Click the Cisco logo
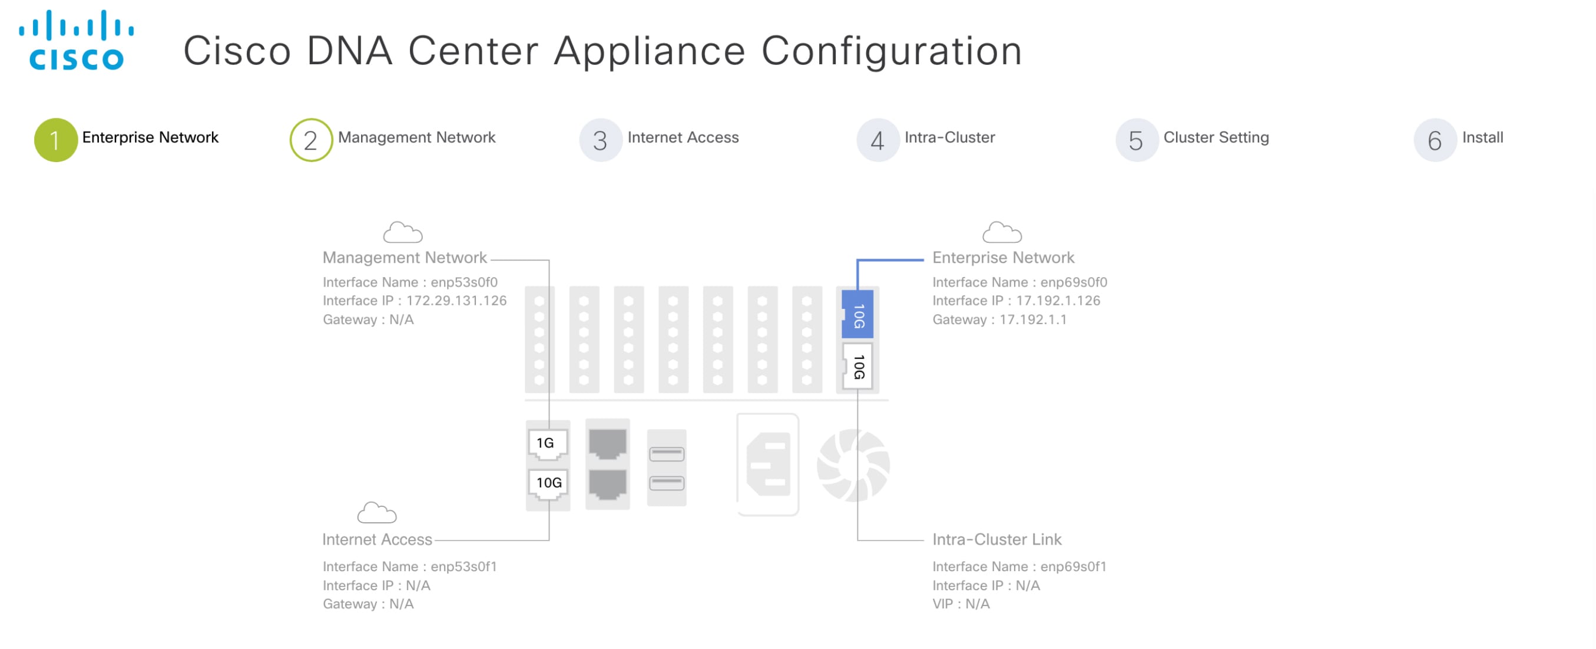[76, 40]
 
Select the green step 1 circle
[56, 140]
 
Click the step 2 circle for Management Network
[311, 140]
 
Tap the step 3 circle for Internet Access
[600, 140]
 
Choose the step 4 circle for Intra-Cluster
[878, 140]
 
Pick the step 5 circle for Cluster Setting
[1135, 140]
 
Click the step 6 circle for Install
[1434, 140]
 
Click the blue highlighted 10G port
[857, 315]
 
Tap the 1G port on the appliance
[547, 443]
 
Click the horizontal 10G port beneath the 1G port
[548, 483]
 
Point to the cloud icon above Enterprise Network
[1001, 232]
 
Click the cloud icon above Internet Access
[377, 513]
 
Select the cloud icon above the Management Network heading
[403, 232]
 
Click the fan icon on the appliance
[853, 465]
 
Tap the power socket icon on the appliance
[769, 465]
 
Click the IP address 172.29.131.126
[456, 301]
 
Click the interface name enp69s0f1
[1073, 566]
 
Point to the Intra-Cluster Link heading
[997, 539]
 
